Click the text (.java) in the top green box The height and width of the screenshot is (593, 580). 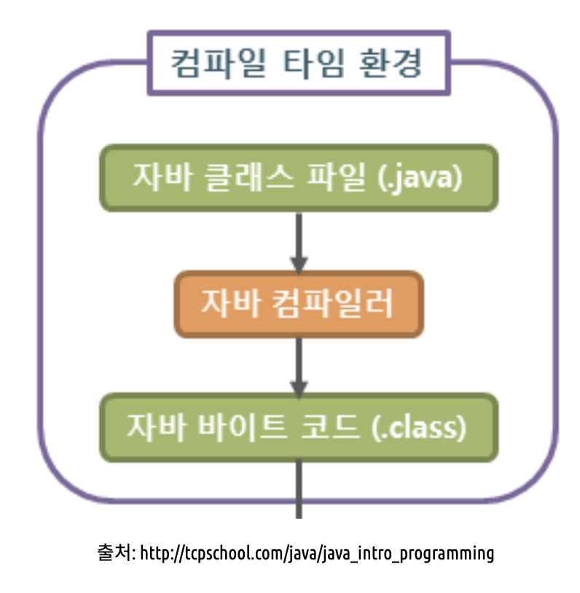click(x=421, y=178)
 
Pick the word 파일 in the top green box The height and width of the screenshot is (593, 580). click(x=337, y=178)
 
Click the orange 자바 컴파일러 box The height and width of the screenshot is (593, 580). click(x=298, y=304)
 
